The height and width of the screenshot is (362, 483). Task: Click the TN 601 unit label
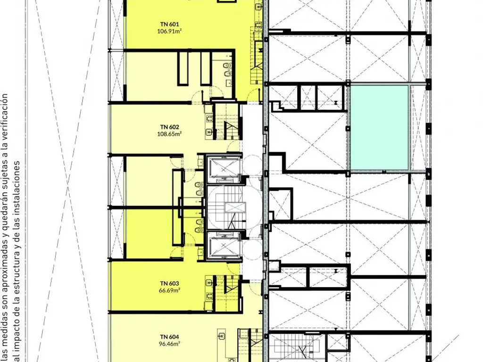[x=169, y=24]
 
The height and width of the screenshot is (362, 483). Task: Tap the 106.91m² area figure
[x=169, y=31]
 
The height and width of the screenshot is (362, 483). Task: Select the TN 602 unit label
[x=169, y=127]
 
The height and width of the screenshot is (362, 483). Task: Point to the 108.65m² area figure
[x=169, y=134]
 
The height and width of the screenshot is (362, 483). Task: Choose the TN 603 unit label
[x=169, y=283]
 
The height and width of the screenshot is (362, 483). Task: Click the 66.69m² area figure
[x=169, y=290]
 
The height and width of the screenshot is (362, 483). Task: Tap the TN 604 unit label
[x=169, y=337]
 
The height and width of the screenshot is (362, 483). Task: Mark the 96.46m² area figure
[x=169, y=344]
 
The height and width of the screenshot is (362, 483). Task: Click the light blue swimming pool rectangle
[x=380, y=127]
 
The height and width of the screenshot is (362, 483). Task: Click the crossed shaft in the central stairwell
[x=236, y=207]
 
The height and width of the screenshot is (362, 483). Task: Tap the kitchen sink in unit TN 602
[x=209, y=132]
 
